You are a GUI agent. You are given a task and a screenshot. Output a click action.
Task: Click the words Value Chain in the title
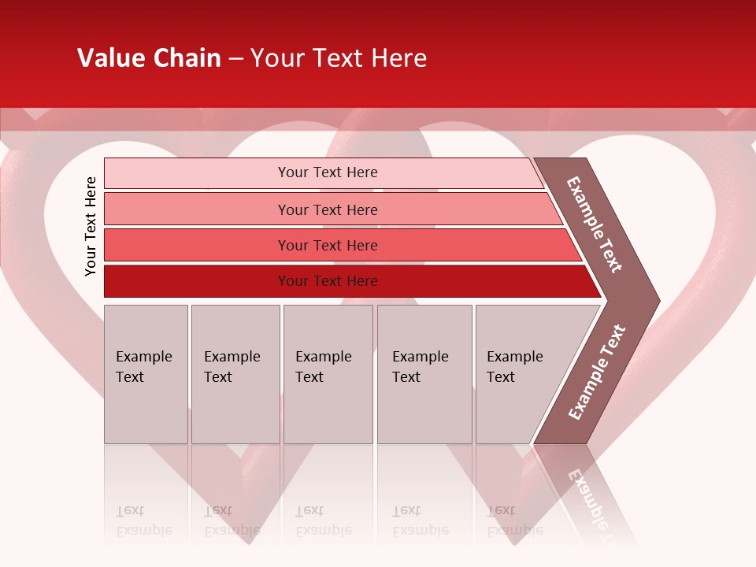(x=149, y=58)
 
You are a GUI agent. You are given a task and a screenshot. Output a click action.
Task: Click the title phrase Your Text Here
(x=339, y=58)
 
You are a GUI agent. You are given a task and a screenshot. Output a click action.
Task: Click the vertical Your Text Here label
(x=91, y=226)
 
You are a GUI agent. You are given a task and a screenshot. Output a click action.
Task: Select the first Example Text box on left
(x=146, y=374)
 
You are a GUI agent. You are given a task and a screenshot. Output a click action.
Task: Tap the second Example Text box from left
(x=235, y=374)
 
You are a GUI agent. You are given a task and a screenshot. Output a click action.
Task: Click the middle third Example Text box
(x=328, y=374)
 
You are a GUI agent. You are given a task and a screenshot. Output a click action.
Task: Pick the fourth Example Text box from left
(x=424, y=374)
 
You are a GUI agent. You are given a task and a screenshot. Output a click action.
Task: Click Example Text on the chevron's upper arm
(x=595, y=225)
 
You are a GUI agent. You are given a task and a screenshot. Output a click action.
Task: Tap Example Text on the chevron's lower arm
(x=596, y=372)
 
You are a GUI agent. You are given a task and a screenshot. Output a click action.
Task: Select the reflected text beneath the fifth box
(x=515, y=521)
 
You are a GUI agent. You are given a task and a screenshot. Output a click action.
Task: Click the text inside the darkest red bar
(x=328, y=281)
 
